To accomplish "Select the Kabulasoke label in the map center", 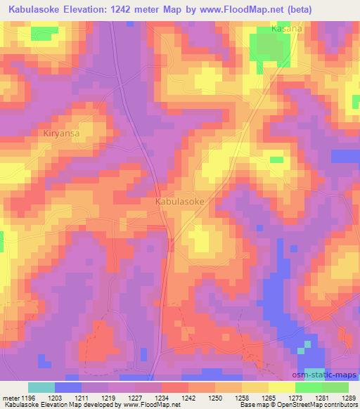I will pos(179,201).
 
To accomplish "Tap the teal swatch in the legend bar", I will pos(41,387).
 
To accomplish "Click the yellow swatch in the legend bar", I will pos(281,387).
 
